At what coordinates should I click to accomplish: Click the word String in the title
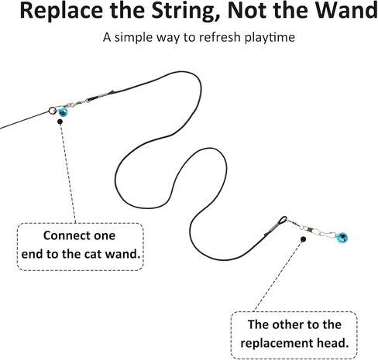[186, 11]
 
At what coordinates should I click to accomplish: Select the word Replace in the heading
[61, 11]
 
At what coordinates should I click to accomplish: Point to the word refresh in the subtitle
[219, 37]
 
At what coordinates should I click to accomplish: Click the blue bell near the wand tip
[63, 112]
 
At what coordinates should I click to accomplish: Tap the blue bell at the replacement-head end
[342, 238]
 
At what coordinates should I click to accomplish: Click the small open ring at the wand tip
[52, 111]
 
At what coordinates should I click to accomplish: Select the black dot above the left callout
[60, 122]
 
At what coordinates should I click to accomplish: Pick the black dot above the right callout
[304, 239]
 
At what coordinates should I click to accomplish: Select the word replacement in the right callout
[277, 343]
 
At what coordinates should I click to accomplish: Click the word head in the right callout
[333, 343]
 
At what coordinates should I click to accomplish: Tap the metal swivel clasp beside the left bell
[74, 104]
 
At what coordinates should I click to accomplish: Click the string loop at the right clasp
[283, 220]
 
